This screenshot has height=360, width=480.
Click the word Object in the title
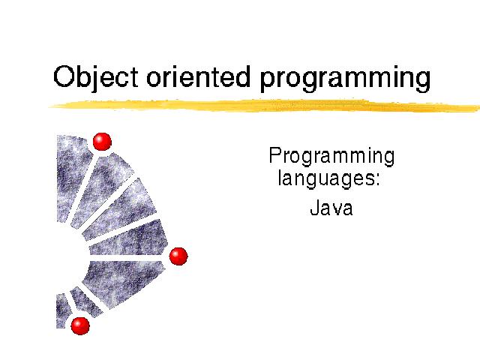click(95, 77)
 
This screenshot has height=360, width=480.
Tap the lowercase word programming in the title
click(345, 79)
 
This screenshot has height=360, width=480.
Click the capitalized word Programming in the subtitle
click(331, 157)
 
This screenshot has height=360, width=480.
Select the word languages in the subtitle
click(325, 178)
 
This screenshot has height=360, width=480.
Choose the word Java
click(331, 208)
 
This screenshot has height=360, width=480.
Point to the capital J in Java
click(315, 208)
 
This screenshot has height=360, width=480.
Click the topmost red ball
click(102, 142)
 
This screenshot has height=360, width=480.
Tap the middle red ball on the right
click(178, 256)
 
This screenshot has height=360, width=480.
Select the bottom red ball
click(80, 325)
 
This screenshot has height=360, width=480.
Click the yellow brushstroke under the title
click(264, 105)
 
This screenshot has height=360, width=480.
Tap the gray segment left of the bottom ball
click(62, 310)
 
